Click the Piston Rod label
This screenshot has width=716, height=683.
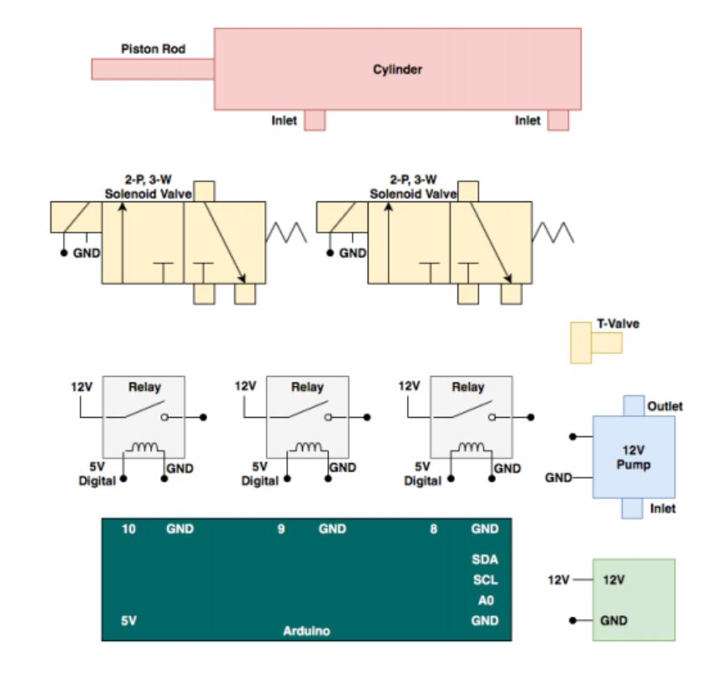153,49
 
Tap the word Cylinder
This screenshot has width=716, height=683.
397,70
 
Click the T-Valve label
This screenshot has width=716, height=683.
617,323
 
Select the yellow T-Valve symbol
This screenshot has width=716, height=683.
594,342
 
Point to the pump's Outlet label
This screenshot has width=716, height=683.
665,406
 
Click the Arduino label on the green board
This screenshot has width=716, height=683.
306,631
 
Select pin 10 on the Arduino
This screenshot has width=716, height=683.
128,529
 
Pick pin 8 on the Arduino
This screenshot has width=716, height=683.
434,529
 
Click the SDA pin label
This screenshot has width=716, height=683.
485,559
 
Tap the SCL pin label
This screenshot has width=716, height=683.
485,579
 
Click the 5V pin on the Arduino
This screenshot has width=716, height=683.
128,621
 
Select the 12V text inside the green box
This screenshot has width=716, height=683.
614,579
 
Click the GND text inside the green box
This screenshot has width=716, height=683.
614,621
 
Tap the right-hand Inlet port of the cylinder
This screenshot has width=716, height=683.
558,120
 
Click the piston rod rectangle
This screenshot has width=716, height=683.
152,69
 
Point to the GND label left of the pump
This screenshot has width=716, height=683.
558,477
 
